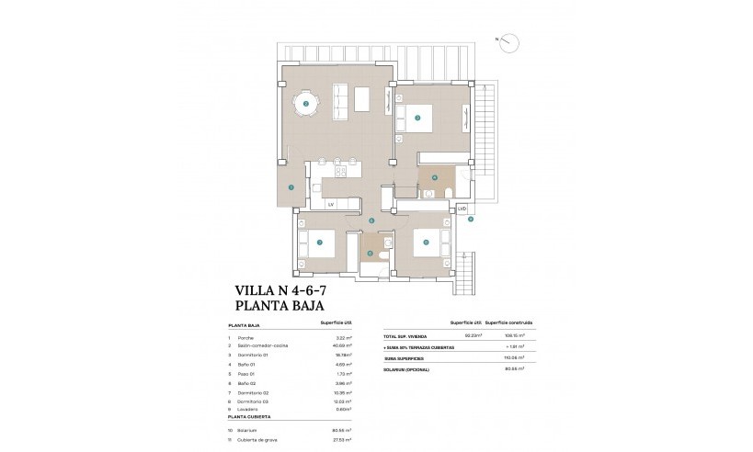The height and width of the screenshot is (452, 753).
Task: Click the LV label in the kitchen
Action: (330, 204)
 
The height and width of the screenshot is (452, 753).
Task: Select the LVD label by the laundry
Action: (462, 209)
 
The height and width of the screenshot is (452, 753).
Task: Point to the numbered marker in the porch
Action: (291, 186)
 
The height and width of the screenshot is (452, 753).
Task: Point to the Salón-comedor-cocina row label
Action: (260, 345)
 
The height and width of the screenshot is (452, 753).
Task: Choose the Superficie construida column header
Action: (509, 324)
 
